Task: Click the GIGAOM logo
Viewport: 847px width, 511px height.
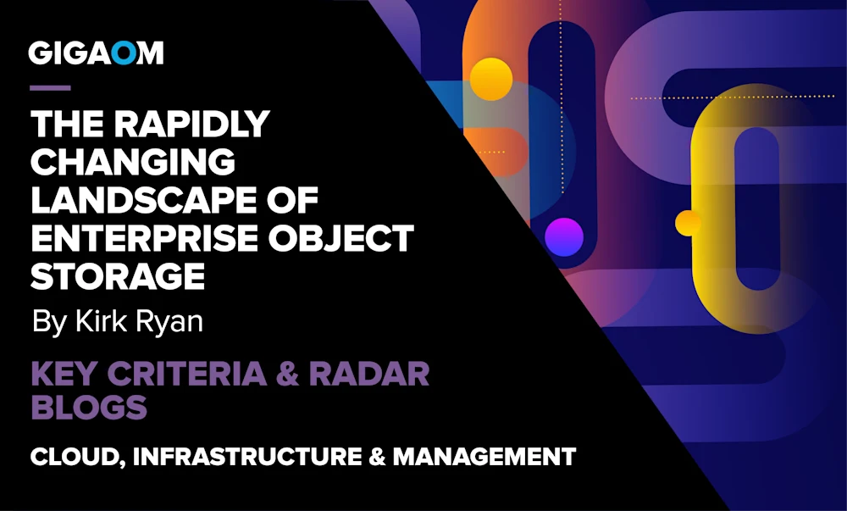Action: click(x=96, y=53)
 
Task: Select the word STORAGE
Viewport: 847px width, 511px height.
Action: click(x=118, y=275)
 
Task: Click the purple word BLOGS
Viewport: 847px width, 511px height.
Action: click(x=89, y=408)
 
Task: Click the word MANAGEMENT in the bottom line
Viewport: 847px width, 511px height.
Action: click(x=484, y=457)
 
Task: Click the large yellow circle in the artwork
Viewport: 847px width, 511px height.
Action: click(x=491, y=79)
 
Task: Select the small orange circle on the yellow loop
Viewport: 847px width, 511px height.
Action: click(x=688, y=223)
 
